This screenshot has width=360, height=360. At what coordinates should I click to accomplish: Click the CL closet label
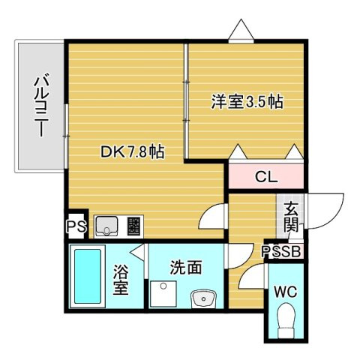[265, 178]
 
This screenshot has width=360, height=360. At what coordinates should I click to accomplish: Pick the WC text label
[286, 291]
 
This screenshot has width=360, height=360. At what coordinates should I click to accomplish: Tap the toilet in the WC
[286, 323]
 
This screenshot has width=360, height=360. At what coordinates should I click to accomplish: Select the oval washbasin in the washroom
[202, 301]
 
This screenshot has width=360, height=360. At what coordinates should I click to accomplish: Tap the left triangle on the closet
[237, 152]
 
